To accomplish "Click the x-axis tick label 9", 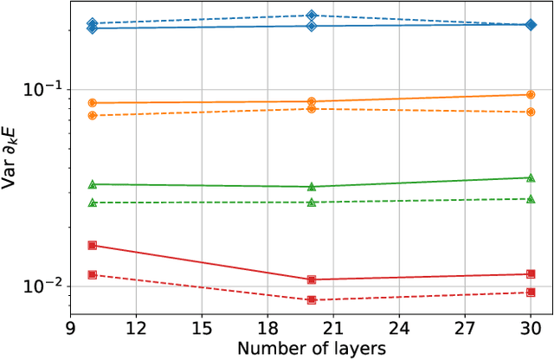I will (x=70, y=329).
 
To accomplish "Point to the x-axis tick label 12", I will (x=136, y=329).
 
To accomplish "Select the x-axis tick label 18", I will (x=267, y=329).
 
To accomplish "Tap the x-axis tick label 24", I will (x=399, y=329).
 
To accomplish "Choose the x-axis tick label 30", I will (x=531, y=329).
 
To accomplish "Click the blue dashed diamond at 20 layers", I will (x=312, y=16).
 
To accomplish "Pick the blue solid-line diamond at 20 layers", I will (x=312, y=26).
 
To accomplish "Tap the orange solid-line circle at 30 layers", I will (x=531, y=94).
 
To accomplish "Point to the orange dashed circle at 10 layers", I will (x=93, y=115).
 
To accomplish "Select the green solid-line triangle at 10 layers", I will (x=93, y=184).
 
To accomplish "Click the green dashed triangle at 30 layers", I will (x=531, y=199).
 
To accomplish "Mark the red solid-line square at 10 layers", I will (x=93, y=245).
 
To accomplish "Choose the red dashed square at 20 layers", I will (x=312, y=300).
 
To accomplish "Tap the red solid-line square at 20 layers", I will (x=312, y=280).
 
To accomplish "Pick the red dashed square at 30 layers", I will (x=531, y=292).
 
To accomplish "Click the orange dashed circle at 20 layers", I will (x=312, y=108).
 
